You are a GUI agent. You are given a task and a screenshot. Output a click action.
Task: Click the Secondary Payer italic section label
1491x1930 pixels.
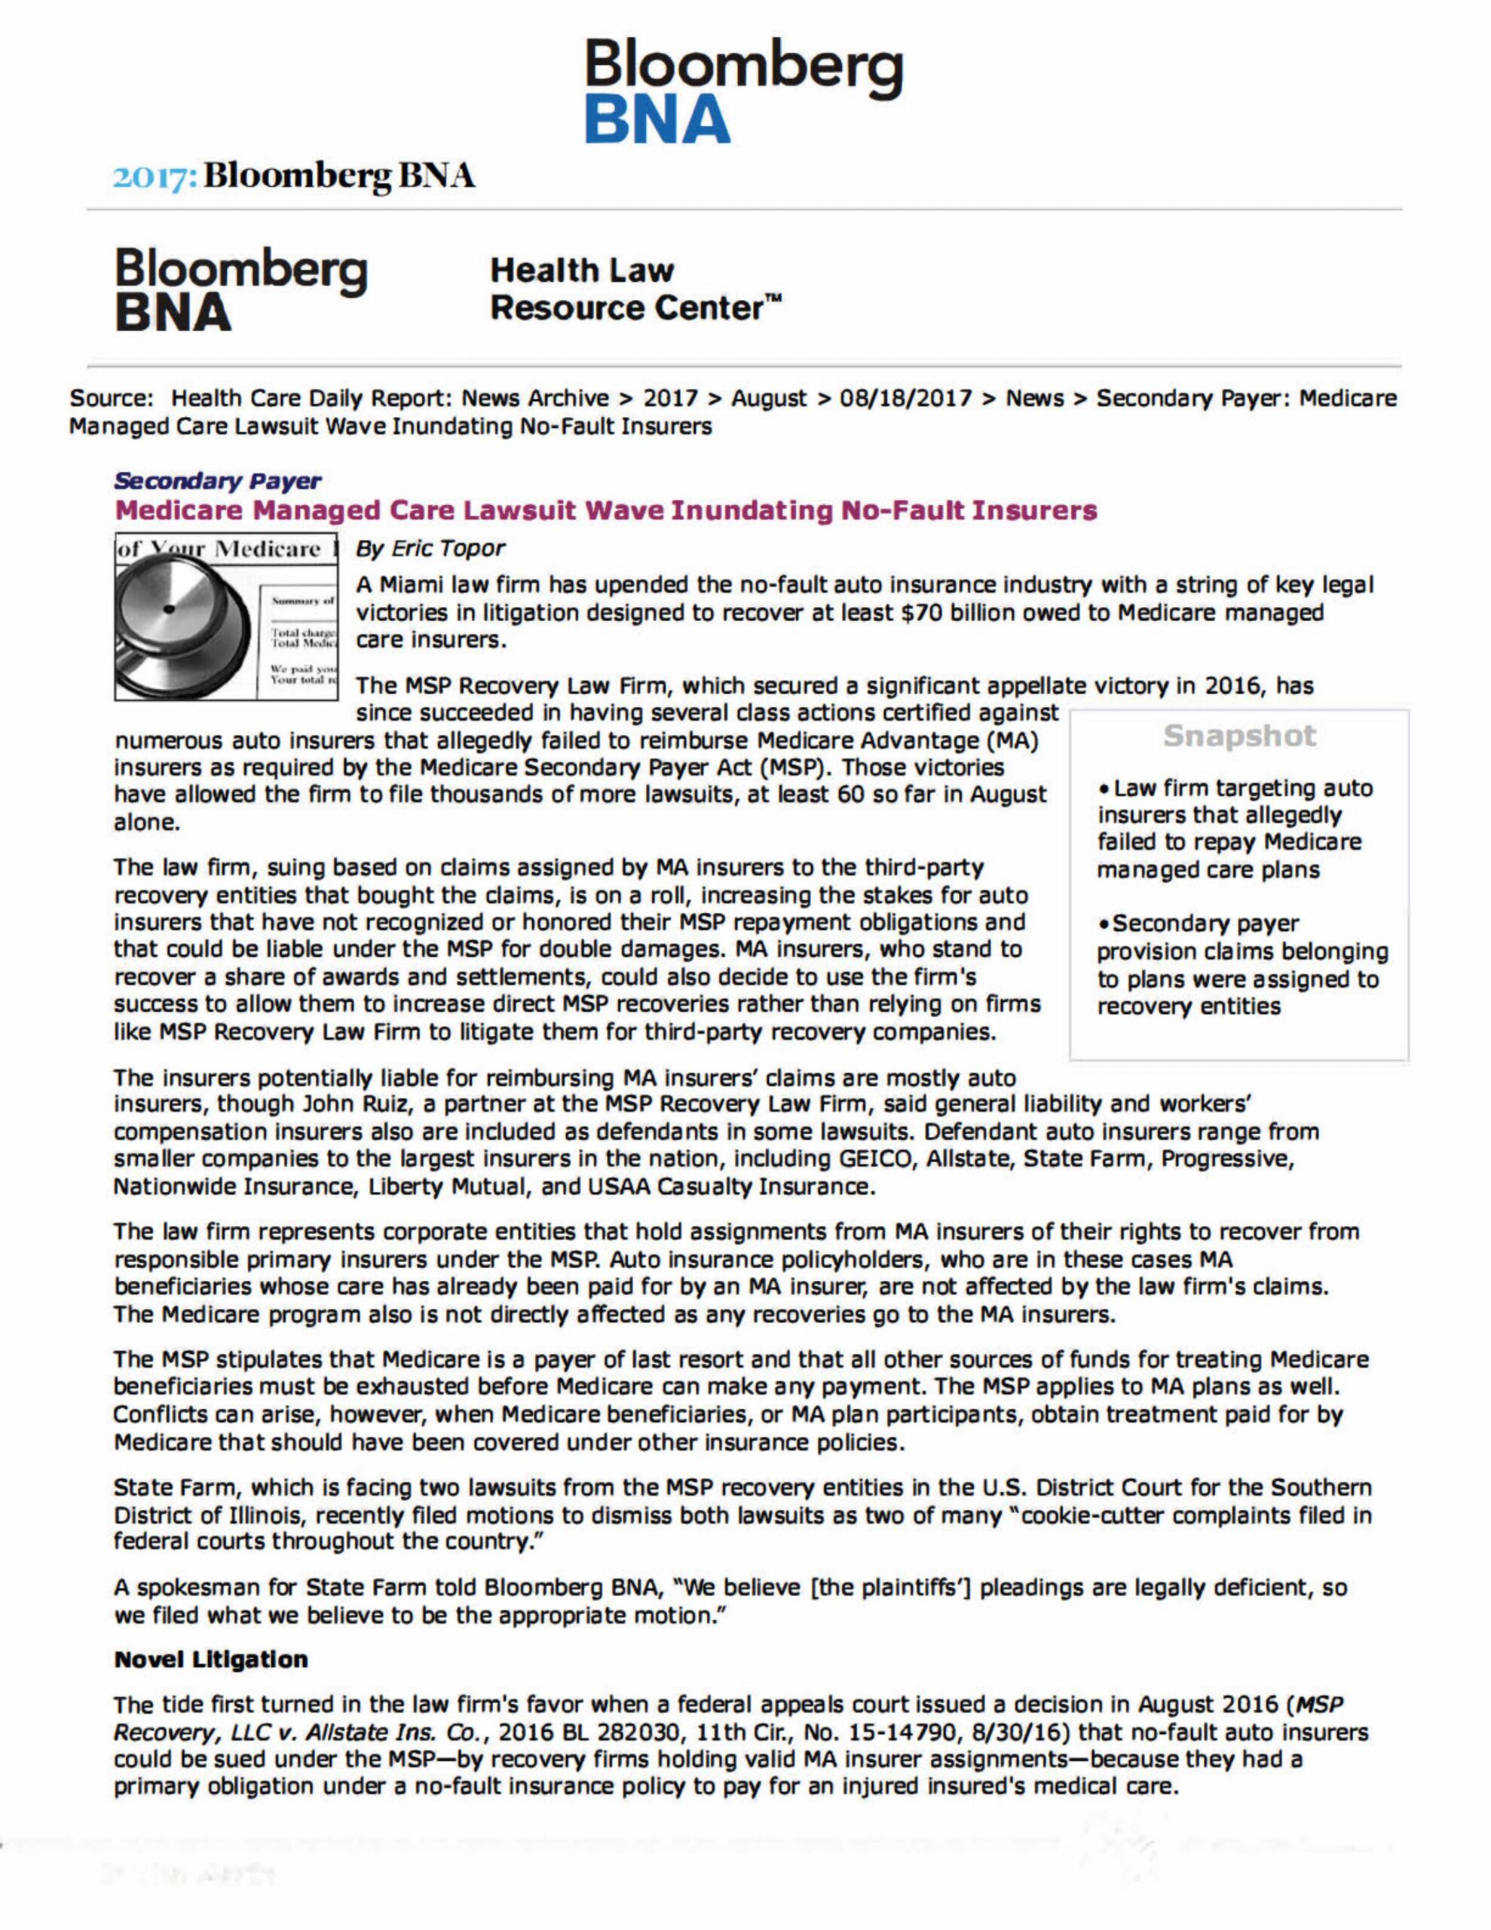[x=217, y=481]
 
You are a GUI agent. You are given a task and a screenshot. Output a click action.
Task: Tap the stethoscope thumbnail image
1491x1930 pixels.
[x=225, y=617]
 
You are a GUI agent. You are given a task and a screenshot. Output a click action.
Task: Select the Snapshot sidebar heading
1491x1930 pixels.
[x=1239, y=735]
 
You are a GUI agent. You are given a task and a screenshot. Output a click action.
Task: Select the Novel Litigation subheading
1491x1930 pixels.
[x=211, y=1659]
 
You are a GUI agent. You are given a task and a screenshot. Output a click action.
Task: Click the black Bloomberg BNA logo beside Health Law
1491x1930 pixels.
[x=240, y=289]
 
